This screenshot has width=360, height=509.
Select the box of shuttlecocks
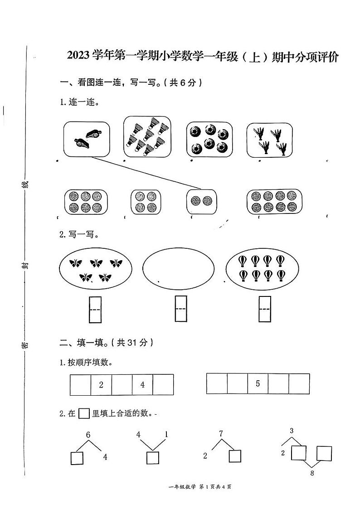147,136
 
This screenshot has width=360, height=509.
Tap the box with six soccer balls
209,138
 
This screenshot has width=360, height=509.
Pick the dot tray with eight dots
274,201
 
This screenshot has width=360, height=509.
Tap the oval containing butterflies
96,268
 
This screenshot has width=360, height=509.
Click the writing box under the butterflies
96,309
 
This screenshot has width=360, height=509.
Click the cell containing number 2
101,385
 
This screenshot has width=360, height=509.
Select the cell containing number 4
142,385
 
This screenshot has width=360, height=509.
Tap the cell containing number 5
258,383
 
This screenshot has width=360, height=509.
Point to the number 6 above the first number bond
88,435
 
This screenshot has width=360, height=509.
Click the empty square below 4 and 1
153,458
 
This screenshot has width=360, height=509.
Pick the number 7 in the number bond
221,433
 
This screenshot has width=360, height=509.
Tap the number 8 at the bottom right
312,474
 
